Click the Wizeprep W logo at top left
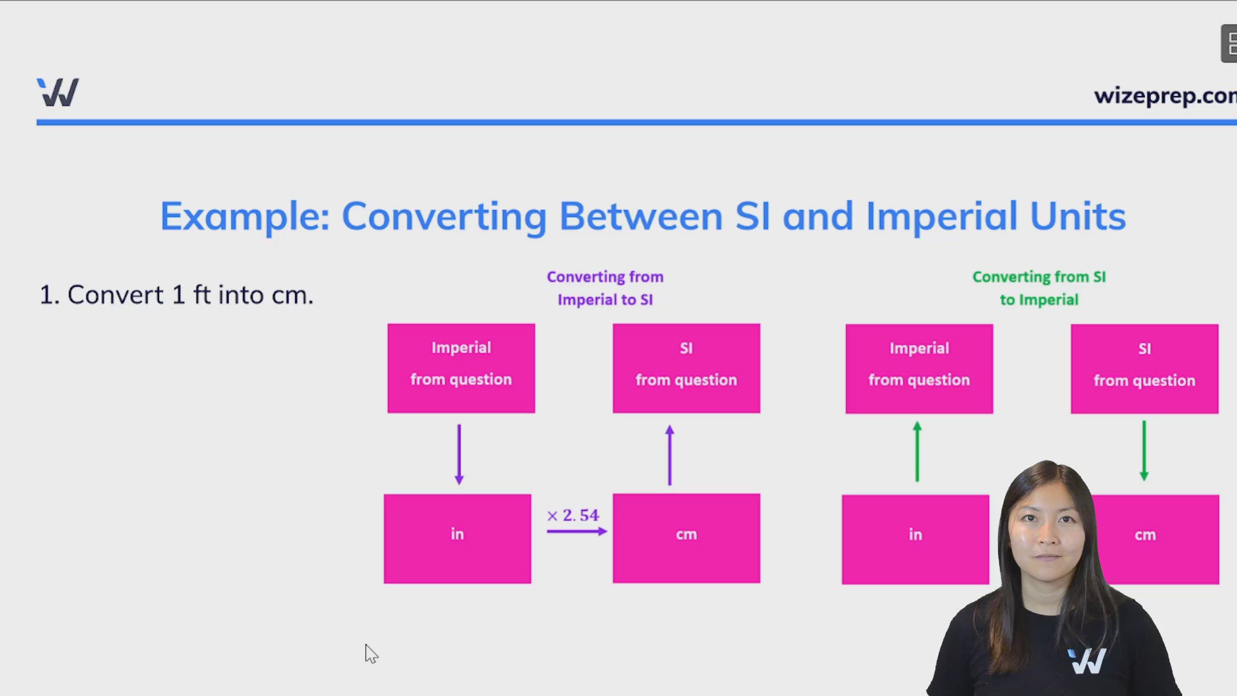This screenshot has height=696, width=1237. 58,92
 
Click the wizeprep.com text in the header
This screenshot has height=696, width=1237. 1165,96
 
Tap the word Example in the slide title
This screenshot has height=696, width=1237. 245,217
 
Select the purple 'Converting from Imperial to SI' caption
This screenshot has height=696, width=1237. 605,288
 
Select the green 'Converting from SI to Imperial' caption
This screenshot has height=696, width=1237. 1039,288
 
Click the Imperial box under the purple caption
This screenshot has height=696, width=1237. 461,368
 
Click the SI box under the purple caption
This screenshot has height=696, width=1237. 686,368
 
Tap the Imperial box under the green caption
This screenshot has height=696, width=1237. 919,369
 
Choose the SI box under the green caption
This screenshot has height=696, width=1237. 1145,369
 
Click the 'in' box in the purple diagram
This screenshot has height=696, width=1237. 457,539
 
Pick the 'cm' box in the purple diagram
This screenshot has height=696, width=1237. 686,538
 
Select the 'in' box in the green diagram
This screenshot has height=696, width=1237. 916,539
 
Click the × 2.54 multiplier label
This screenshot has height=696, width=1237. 573,516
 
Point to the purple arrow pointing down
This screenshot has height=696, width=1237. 459,454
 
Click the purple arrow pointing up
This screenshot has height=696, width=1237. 670,455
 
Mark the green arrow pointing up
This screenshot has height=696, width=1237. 917,451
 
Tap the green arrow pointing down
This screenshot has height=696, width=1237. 1144,451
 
